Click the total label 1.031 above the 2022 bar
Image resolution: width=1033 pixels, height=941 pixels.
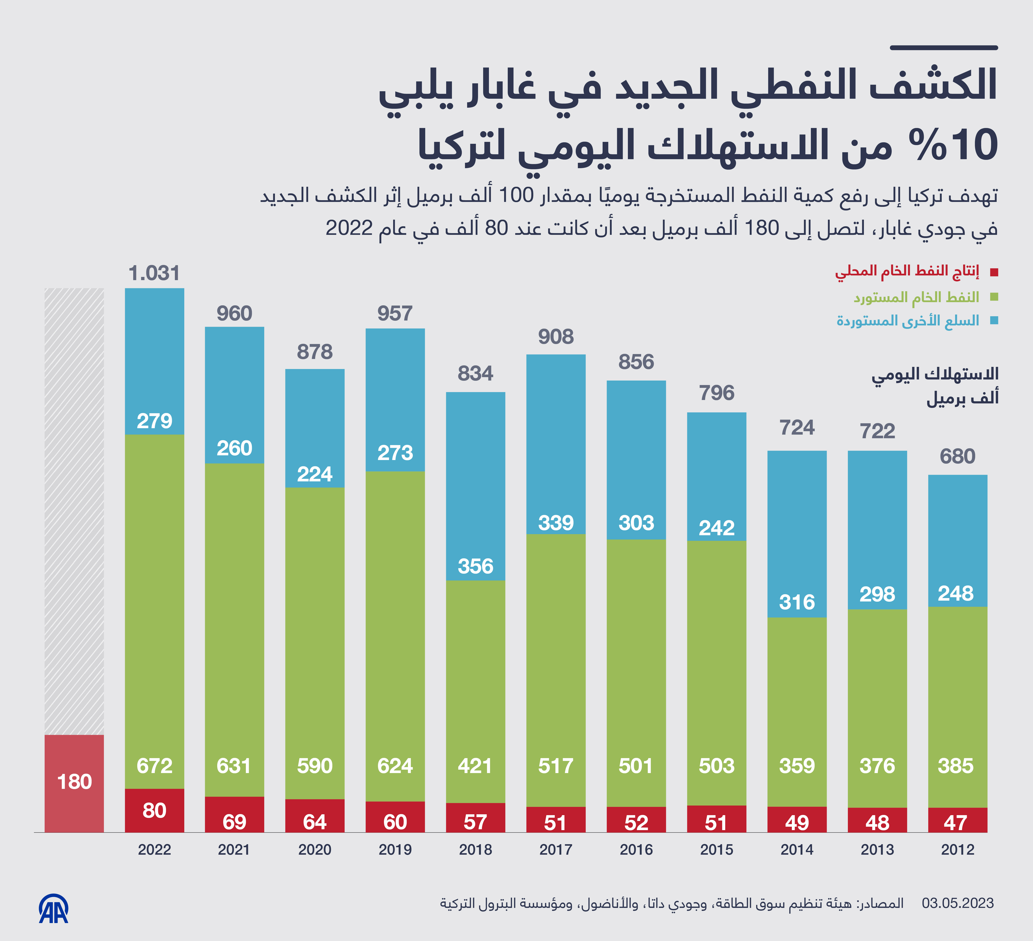(154, 273)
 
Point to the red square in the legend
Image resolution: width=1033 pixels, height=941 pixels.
(994, 272)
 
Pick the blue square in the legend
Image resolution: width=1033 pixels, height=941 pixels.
(994, 321)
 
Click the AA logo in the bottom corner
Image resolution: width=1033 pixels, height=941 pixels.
(54, 909)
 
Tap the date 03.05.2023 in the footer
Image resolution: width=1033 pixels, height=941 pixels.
(957, 903)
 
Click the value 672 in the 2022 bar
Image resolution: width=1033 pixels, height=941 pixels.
(154, 766)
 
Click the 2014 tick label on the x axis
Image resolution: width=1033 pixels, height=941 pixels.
(797, 850)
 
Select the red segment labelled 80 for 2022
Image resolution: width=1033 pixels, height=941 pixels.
(154, 810)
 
